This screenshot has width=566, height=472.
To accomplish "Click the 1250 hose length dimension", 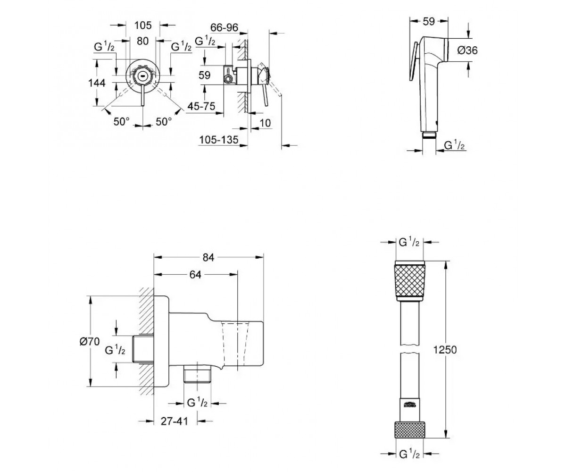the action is click(x=445, y=350).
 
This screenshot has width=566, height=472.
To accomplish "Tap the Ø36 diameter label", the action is click(x=467, y=50).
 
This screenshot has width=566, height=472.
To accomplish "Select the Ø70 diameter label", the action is click(x=90, y=341).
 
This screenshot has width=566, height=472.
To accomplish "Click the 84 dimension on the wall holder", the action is click(x=208, y=257).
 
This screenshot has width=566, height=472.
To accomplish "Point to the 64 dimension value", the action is click(x=195, y=275).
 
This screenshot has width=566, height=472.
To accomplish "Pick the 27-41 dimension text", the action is click(x=175, y=421).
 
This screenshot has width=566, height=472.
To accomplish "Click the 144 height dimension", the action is click(x=97, y=83).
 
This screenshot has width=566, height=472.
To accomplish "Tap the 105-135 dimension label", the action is click(x=219, y=140).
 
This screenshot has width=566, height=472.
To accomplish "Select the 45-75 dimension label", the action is click(x=201, y=106).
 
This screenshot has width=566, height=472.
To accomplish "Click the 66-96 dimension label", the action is click(x=224, y=27).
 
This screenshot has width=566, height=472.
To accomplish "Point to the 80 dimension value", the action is click(x=142, y=41).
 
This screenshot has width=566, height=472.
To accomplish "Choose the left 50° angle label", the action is click(x=122, y=121).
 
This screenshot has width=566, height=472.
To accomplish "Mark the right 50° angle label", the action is click(x=164, y=121).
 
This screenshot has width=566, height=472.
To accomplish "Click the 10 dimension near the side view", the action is click(x=265, y=123).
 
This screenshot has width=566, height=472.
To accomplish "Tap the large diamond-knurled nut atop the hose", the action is click(x=409, y=281).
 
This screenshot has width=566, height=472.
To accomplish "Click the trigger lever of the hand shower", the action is click(x=414, y=62).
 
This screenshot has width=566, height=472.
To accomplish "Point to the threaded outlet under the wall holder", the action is click(x=197, y=374).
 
